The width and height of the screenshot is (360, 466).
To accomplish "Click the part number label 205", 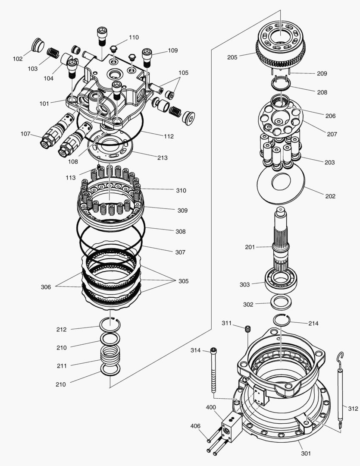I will tap(232, 57).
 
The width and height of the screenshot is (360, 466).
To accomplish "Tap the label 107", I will tap(25, 134).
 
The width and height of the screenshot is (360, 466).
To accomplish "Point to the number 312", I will tap(353, 408).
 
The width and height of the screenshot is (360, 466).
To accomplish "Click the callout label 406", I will tap(196, 426).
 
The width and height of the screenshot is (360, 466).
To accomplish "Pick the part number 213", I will tap(162, 157).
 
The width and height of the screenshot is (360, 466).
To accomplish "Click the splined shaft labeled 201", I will tap(281, 242).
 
